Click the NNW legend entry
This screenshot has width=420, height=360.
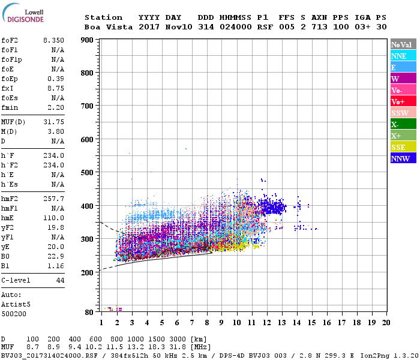pos(403,158)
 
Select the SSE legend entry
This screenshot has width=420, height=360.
pos(403,147)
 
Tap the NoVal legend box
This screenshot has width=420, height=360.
pos(403,44)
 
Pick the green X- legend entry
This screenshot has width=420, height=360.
pos(403,124)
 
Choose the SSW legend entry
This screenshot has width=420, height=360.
pos(403,113)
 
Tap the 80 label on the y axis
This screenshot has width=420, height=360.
pos(89,312)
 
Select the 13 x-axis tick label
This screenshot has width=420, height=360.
pos(281,323)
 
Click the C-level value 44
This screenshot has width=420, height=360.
pos(60,280)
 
